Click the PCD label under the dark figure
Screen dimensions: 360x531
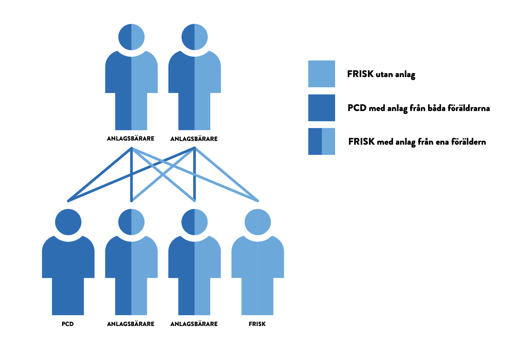click(x=68, y=324)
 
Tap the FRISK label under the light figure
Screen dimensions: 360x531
click(x=257, y=324)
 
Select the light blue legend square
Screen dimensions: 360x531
click(x=322, y=74)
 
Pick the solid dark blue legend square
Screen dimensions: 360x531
click(x=322, y=108)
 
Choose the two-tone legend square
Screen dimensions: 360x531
click(x=322, y=141)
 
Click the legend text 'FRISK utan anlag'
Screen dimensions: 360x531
click(x=381, y=74)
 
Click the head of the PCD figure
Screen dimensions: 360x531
click(x=68, y=222)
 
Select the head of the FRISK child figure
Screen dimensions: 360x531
click(x=258, y=222)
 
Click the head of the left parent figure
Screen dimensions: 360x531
click(x=131, y=37)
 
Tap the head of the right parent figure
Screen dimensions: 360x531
click(x=195, y=37)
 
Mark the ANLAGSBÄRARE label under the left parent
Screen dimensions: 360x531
click(x=131, y=139)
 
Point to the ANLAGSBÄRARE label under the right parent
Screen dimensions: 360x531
click(x=194, y=139)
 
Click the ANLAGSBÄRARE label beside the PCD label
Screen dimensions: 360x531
click(x=131, y=324)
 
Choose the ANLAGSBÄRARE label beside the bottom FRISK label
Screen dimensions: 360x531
click(x=194, y=324)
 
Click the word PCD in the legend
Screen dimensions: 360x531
click(x=357, y=108)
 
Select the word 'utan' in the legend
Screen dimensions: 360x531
click(x=384, y=74)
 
